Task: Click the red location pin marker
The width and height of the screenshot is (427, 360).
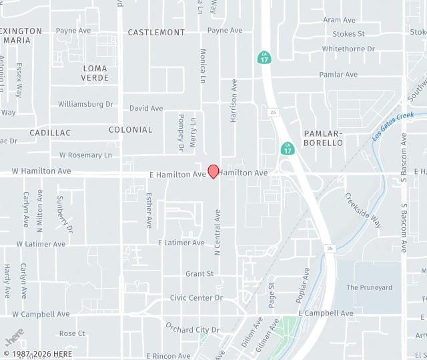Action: click(x=213, y=171)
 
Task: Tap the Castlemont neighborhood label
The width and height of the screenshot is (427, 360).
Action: click(x=156, y=32)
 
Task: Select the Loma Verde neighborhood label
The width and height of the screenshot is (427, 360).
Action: click(x=95, y=73)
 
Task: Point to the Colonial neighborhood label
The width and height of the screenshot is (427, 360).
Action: click(x=130, y=129)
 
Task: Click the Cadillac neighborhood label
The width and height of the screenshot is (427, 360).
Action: click(x=50, y=133)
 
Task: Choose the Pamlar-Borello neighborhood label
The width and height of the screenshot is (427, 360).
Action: click(x=323, y=138)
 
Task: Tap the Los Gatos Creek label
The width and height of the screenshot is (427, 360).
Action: click(x=393, y=125)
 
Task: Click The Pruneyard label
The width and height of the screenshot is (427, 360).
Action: click(x=369, y=287)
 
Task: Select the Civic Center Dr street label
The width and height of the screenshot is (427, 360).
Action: click(x=196, y=298)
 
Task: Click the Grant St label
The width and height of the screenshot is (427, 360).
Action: click(x=199, y=274)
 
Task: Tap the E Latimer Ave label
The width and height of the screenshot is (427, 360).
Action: click(x=181, y=243)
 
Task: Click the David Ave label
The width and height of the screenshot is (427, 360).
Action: click(x=146, y=108)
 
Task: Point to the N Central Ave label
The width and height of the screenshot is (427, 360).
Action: click(x=217, y=232)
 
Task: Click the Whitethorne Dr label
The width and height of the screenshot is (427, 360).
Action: click(x=348, y=49)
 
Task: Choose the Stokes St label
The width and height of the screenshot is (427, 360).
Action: click(x=348, y=33)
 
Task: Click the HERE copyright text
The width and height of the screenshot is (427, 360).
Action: click(x=39, y=353)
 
